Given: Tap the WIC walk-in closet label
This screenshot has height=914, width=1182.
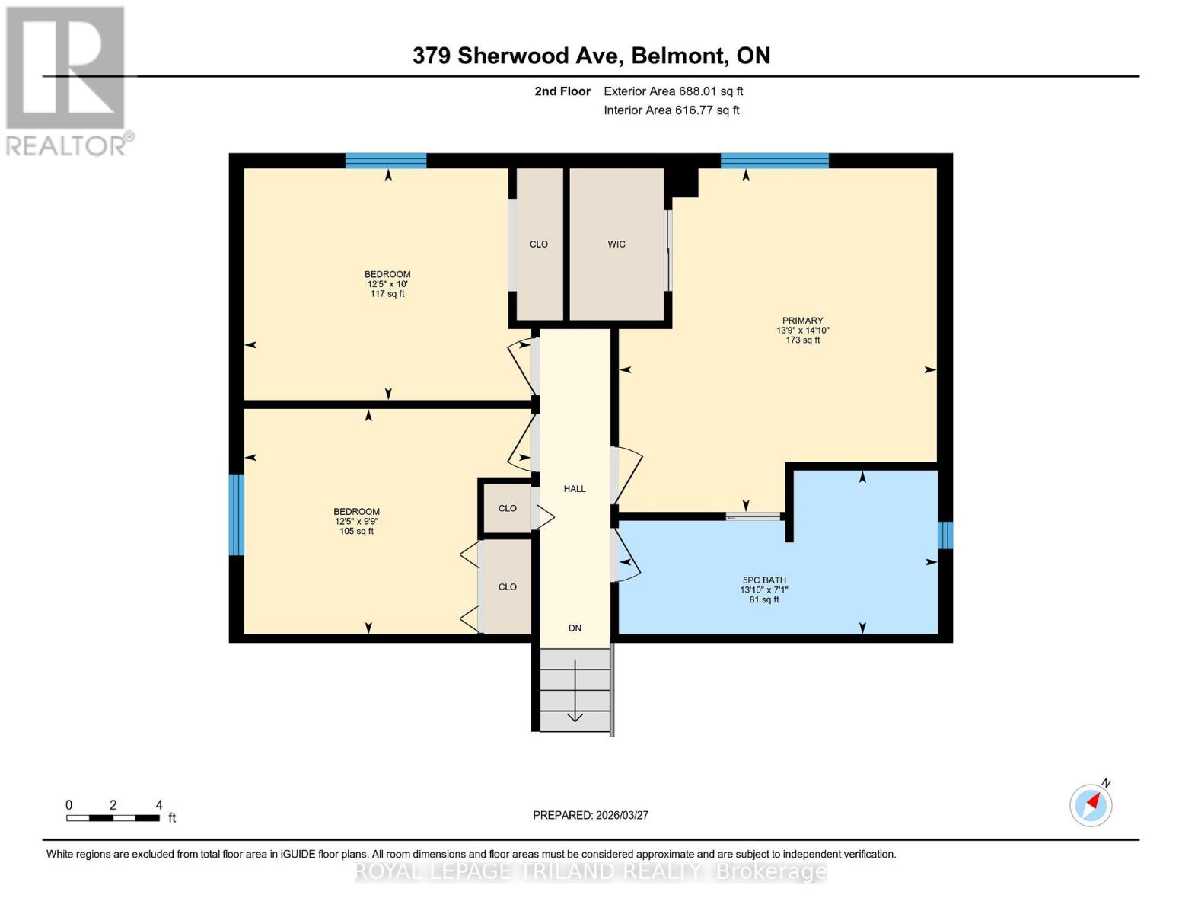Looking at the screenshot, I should (x=616, y=244).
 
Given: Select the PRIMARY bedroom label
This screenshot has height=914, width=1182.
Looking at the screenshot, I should (x=802, y=321).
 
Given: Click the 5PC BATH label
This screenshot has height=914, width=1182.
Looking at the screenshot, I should (x=763, y=580).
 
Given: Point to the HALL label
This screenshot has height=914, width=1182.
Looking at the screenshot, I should (x=575, y=489).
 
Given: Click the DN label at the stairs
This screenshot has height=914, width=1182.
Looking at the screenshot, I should (x=575, y=628).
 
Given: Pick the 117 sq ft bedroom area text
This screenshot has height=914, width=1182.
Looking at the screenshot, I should (x=387, y=294).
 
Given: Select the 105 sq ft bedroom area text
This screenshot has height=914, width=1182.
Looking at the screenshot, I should (x=356, y=532).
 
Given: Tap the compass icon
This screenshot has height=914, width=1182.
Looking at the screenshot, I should (x=1091, y=804).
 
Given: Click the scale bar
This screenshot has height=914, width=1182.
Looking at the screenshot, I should (x=113, y=818).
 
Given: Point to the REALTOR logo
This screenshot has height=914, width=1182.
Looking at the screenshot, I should (x=66, y=80).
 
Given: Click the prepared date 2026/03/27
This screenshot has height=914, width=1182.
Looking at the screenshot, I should (x=591, y=815).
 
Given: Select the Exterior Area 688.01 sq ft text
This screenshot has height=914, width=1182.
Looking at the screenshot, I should (x=673, y=91).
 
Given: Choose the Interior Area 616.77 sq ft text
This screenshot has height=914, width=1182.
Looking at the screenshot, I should (x=671, y=110).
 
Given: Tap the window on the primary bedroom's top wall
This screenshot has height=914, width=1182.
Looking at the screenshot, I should (x=774, y=160).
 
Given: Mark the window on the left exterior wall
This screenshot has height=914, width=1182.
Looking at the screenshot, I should (x=237, y=515).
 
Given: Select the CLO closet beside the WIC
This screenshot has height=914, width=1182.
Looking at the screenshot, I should (x=539, y=244).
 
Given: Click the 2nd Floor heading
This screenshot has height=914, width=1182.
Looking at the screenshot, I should (x=562, y=91).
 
